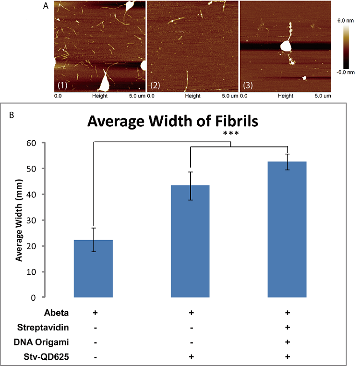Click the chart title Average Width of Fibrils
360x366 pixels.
(x=172, y=122)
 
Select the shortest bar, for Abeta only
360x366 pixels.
(x=94, y=268)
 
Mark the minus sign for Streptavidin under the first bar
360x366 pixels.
(x=95, y=328)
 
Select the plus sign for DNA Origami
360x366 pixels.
(x=287, y=342)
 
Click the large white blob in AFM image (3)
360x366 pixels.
(x=286, y=46)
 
